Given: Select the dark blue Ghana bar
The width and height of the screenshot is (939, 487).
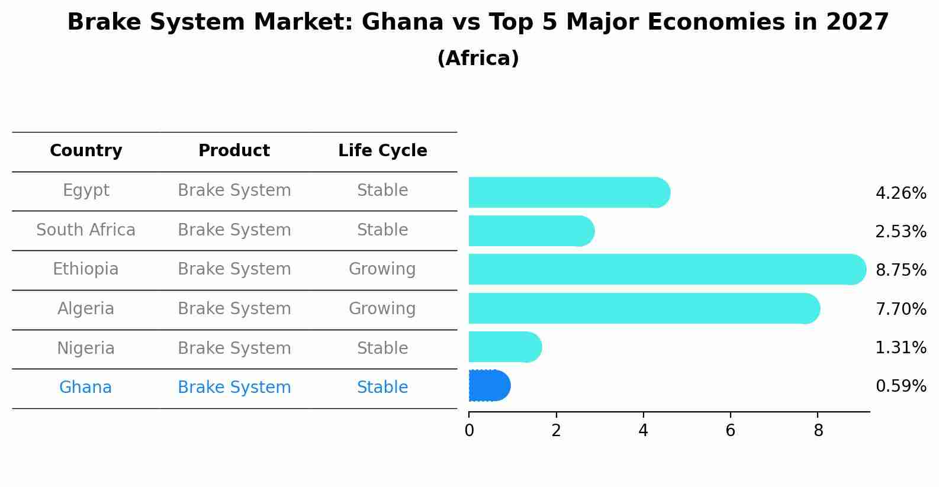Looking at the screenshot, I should click(488, 386).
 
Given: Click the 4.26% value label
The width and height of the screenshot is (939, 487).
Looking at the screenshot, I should click(901, 193).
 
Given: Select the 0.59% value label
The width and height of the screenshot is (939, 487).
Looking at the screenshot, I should click(901, 386).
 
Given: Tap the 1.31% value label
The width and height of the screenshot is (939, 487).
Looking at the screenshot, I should click(901, 348).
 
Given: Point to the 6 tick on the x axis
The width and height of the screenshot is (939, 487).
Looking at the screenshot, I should click(730, 431).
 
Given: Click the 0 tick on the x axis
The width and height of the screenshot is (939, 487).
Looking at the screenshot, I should click(469, 431).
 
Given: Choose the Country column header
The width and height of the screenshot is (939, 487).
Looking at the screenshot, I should click(86, 151).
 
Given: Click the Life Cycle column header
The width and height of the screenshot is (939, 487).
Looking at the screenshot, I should click(382, 151).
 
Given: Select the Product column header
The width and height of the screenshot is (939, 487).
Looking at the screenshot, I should click(234, 151).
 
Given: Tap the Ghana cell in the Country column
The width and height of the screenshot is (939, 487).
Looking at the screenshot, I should click(85, 388).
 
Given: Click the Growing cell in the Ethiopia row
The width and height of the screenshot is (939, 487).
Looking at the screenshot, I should click(382, 269).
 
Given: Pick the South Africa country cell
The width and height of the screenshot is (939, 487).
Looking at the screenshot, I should click(86, 230).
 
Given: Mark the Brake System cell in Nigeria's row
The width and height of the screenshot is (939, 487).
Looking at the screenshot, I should click(234, 349).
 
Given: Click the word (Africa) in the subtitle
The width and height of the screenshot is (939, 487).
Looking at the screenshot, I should click(478, 59).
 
